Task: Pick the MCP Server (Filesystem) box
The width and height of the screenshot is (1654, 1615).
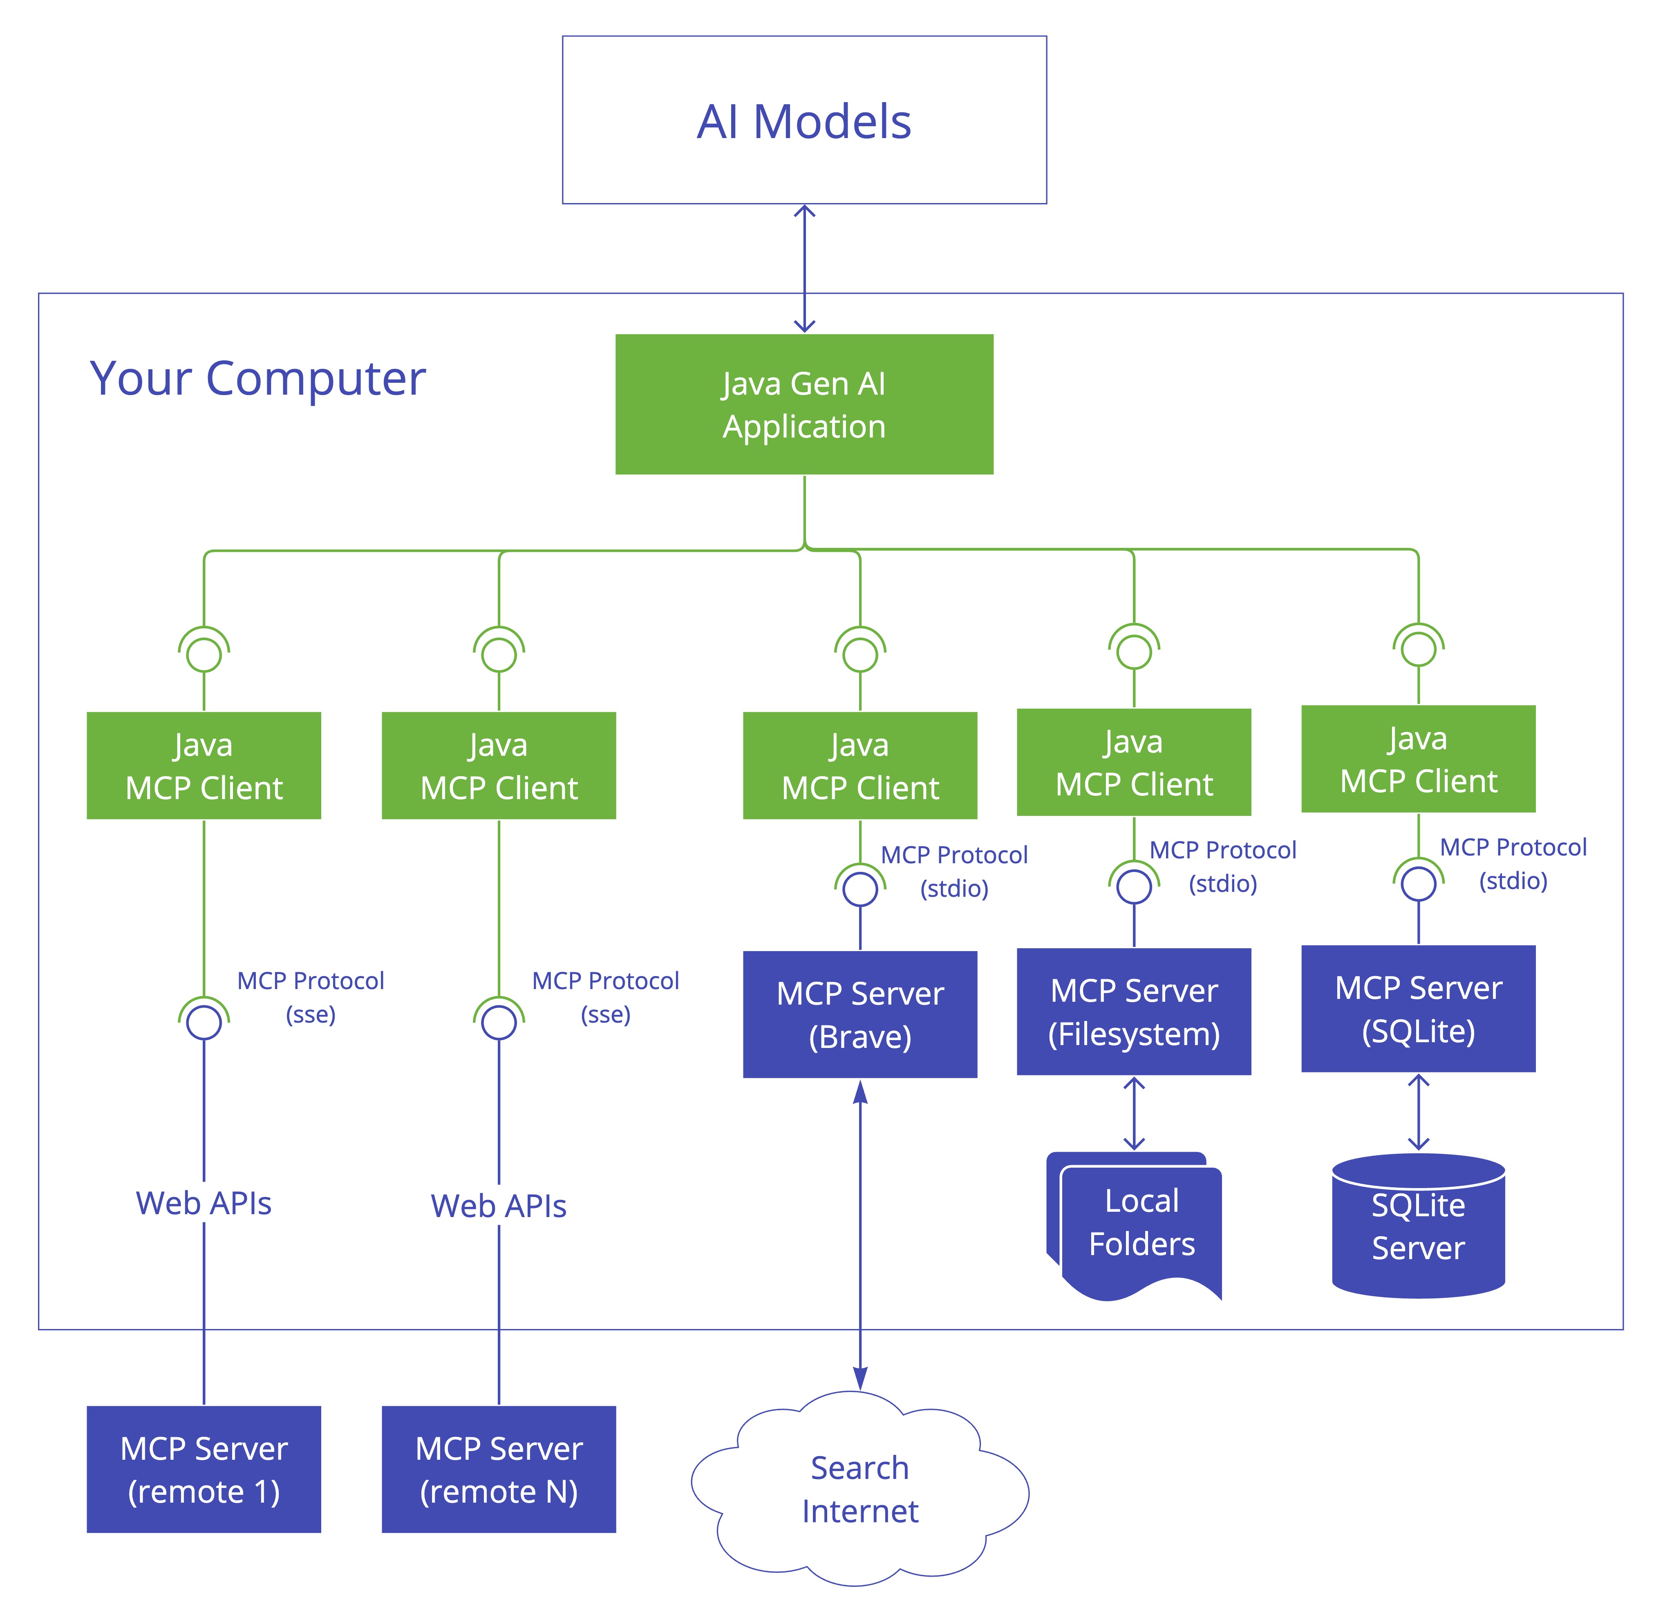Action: pos(1134,1011)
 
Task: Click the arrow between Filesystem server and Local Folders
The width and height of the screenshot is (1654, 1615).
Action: pos(1134,1113)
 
